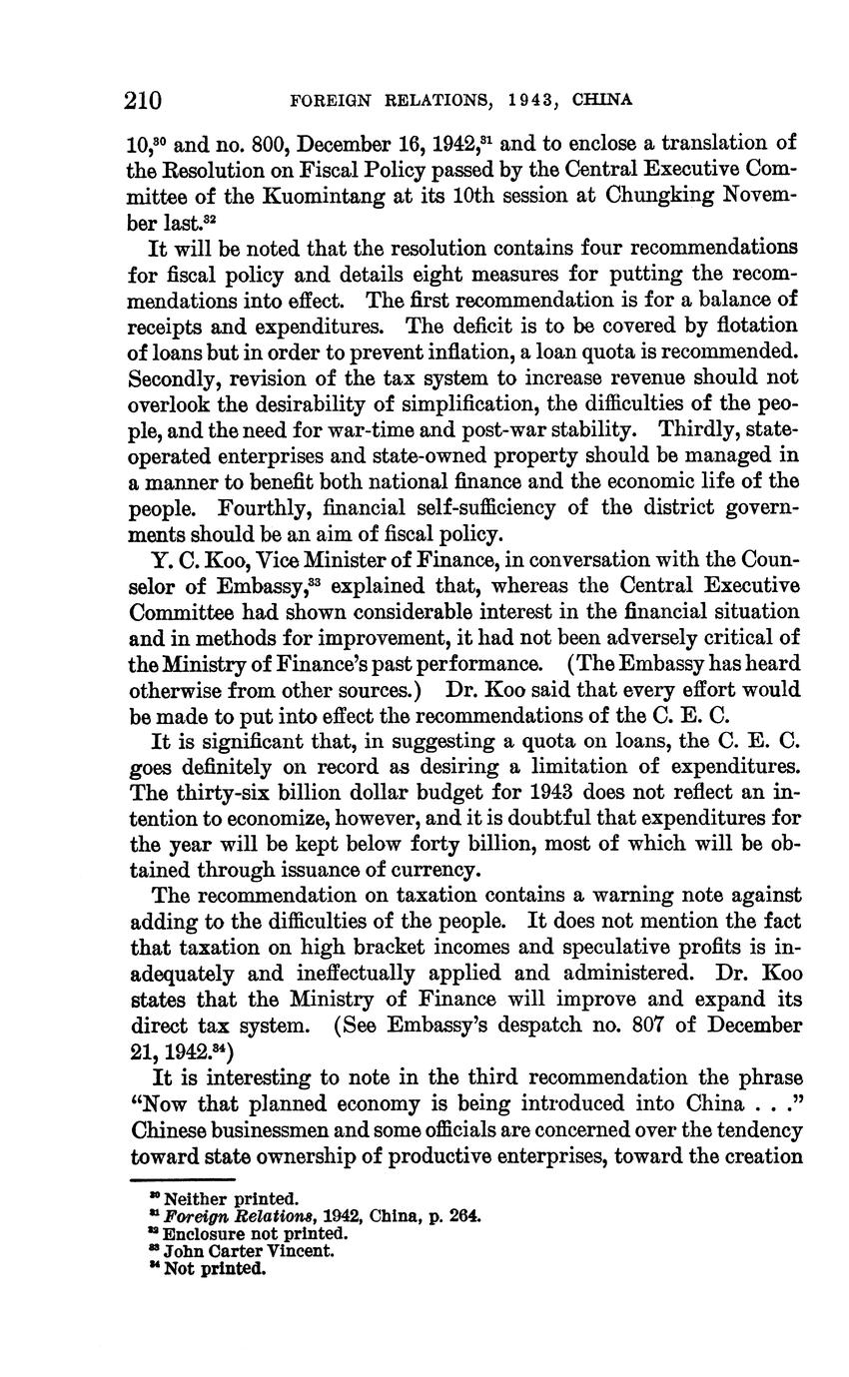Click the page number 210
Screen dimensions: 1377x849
(x=144, y=100)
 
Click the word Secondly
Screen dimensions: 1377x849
(x=175, y=377)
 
